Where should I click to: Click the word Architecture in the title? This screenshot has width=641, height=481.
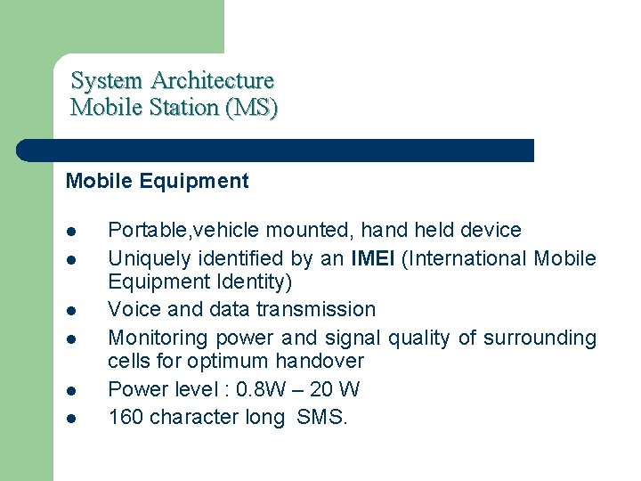212,80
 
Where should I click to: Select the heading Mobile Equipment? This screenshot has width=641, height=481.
158,181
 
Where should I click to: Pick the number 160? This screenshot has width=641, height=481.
126,417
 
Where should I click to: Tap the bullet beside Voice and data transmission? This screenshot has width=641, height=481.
71,311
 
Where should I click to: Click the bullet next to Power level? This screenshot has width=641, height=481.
71,390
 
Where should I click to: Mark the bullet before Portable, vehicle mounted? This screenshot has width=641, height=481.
71,232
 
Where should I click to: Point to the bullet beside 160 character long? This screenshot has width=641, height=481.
71,418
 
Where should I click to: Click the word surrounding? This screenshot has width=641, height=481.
540,338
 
